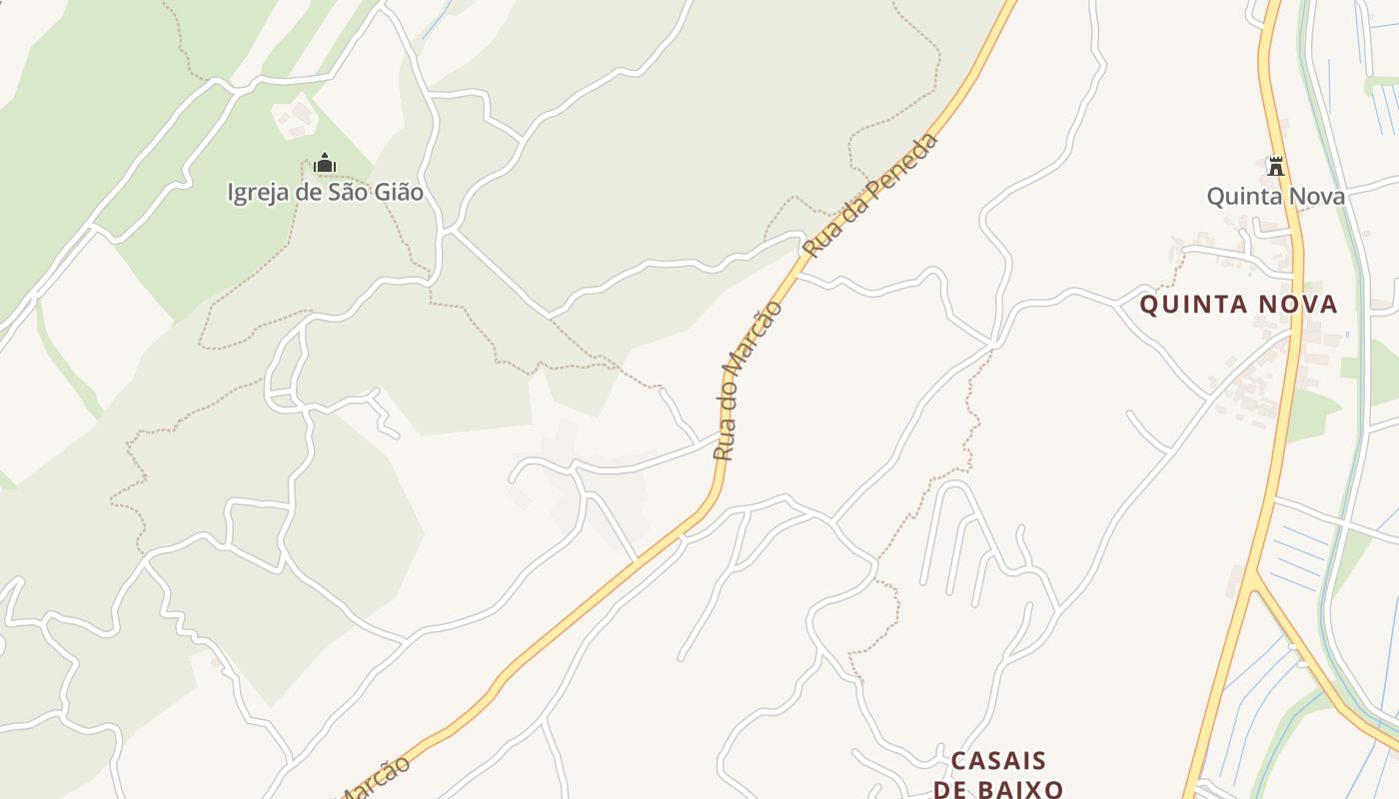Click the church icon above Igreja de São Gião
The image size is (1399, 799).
pyautogui.click(x=325, y=163)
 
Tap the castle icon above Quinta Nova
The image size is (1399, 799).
pyautogui.click(x=1275, y=166)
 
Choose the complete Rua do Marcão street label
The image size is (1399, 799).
pyautogui.click(x=748, y=380)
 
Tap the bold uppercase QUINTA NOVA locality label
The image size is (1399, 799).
pyautogui.click(x=1238, y=305)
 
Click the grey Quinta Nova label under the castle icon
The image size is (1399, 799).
pyautogui.click(x=1275, y=196)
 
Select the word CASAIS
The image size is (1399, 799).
pyautogui.click(x=998, y=761)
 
